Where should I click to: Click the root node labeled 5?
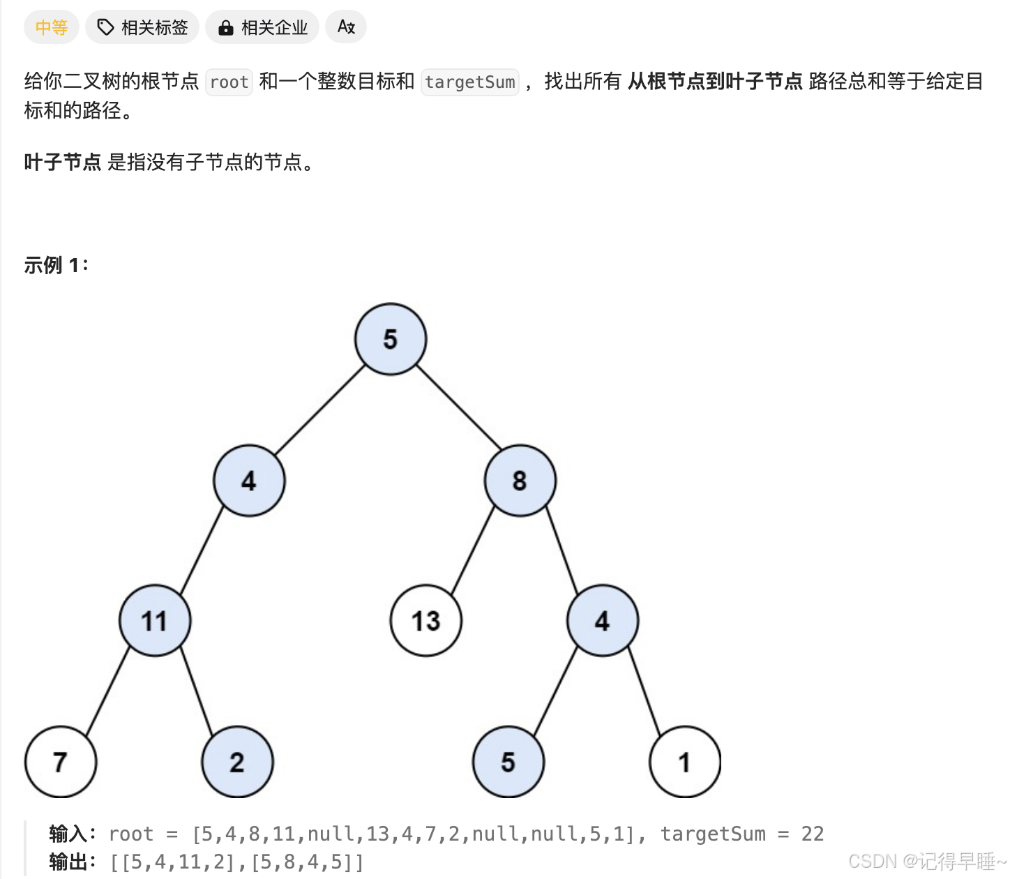coord(391,339)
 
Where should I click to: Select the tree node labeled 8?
coord(520,481)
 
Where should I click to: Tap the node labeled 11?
coord(155,621)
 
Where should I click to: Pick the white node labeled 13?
coord(425,621)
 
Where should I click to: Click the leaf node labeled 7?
coord(61,762)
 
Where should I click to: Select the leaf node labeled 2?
coord(237,762)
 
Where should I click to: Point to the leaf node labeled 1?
coord(684,762)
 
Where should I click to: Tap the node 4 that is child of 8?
coord(602,621)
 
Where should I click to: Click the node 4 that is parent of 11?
coord(249,481)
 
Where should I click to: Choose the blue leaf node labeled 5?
coord(508,762)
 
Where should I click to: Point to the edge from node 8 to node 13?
coord(473,550)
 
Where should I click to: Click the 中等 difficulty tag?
coord(52,27)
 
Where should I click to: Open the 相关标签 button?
coord(142,27)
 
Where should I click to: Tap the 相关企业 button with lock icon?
coord(262,27)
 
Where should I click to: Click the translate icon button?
coord(346,27)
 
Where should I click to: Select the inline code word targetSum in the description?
coord(469,82)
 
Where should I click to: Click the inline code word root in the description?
coord(229,82)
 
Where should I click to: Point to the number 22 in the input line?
coord(813,834)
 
